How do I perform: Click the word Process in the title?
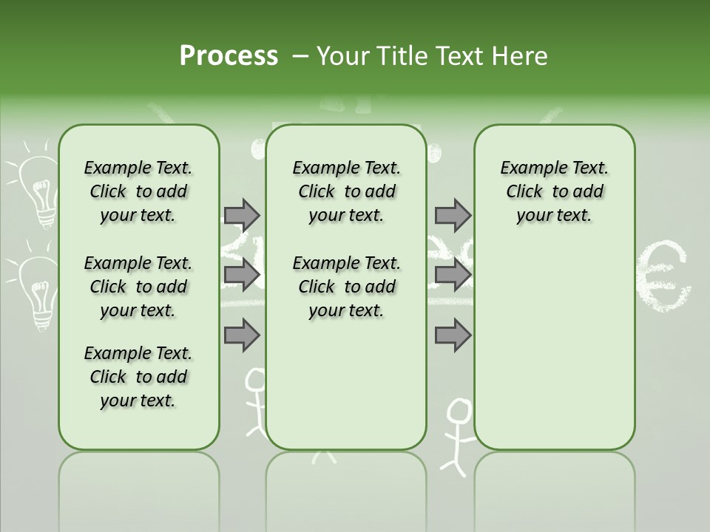[x=229, y=56]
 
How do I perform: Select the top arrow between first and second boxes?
[x=242, y=215]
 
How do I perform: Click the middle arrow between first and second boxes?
[x=242, y=276]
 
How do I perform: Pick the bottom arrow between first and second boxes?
[x=242, y=335]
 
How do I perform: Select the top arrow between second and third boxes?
[x=453, y=215]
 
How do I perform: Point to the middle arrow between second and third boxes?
[x=453, y=276]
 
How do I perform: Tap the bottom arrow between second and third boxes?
[x=453, y=335]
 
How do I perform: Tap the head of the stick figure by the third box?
[x=459, y=411]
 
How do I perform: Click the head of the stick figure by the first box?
[x=255, y=380]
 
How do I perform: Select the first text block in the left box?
[x=138, y=191]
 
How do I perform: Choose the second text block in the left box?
[x=138, y=287]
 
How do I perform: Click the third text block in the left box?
[x=138, y=377]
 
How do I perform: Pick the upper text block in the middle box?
[x=346, y=191]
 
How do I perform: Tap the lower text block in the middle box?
[x=346, y=287]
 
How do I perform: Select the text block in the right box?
[x=554, y=191]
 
